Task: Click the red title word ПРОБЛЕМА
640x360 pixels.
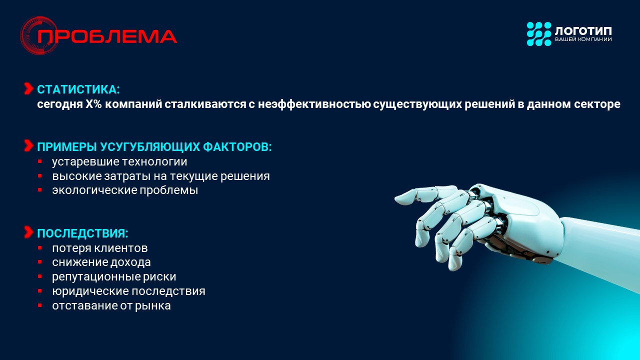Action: [107, 36]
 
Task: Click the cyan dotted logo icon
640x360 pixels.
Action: [539, 34]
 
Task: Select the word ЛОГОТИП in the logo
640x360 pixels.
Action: [583, 31]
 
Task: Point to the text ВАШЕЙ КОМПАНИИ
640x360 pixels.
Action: [583, 39]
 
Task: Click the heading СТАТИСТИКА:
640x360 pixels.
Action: [78, 89]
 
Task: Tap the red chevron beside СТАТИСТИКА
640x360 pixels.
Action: [28, 88]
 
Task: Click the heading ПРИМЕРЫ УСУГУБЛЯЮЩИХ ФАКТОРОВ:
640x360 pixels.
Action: [154, 147]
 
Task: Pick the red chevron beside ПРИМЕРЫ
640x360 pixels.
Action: [28, 145]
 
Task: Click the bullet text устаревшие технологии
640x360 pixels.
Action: [119, 162]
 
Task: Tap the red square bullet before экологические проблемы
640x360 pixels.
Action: [39, 190]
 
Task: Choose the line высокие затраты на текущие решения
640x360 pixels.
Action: [161, 176]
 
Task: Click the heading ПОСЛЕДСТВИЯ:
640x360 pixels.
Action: [82, 233]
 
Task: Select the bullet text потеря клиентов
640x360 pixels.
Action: [99, 248]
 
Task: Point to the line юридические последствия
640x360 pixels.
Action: [128, 291]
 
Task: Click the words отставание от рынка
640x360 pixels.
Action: [111, 305]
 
